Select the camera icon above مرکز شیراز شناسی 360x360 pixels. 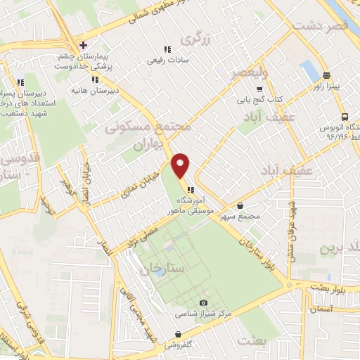pyautogui.click(x=204, y=302)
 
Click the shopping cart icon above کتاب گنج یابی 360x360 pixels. pyautogui.click(x=259, y=89)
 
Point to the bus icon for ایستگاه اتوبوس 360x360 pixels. pyautogui.click(x=345, y=117)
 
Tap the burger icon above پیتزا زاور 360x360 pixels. pyautogui.click(x=326, y=75)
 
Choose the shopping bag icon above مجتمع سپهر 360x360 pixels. pyautogui.click(x=241, y=206)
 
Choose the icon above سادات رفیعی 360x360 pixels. pyautogui.click(x=167, y=49)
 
